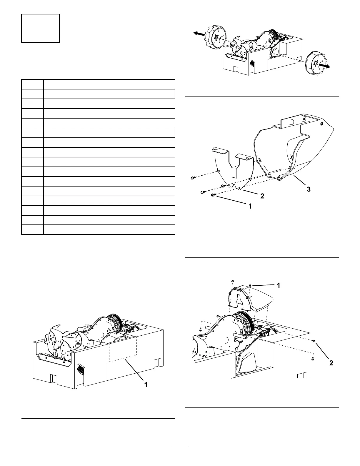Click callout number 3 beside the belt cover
coord(309,189)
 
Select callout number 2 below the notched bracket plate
coord(262,196)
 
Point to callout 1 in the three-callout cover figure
coord(250,207)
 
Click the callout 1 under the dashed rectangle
coord(146,385)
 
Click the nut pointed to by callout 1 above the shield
coord(250,285)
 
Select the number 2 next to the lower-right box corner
coord(331,363)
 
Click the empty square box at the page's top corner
coord(41,28)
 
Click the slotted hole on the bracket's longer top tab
coord(215,150)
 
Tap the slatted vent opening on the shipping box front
coord(80,368)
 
